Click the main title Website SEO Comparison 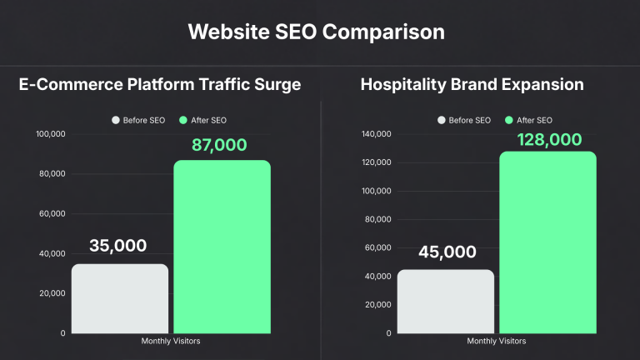pos(316,32)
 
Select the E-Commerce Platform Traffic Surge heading pos(159,84)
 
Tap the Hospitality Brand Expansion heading pos(472,84)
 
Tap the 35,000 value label pos(117,246)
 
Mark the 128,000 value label pos(548,139)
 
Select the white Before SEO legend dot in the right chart pos(441,121)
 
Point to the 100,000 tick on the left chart pos(51,134)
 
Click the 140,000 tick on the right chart pos(377,134)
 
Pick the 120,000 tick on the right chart pos(377,162)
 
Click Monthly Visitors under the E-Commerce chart pos(171,341)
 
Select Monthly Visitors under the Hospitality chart pos(497,341)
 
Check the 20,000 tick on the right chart pos(379,305)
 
